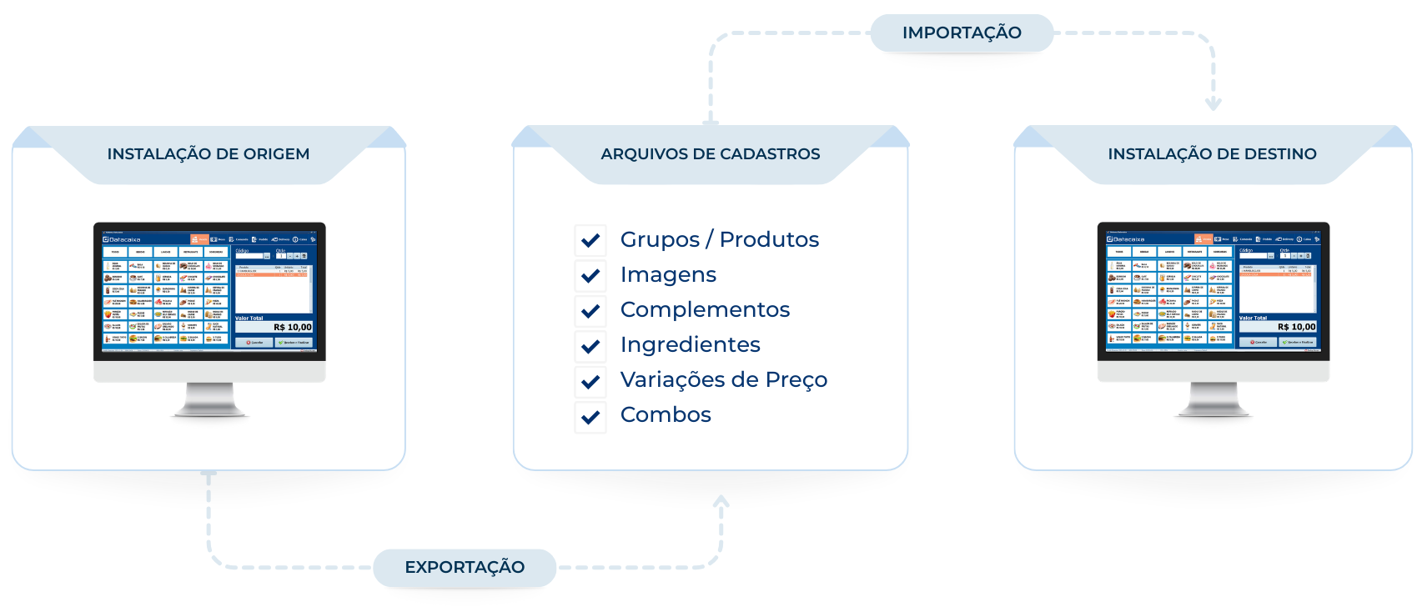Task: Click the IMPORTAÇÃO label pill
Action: point(962,33)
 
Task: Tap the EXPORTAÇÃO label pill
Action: point(465,568)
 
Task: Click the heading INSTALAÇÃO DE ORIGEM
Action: point(209,154)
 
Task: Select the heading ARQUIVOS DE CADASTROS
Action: point(711,154)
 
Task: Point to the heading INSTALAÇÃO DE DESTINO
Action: point(1212,154)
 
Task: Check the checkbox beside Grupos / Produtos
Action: point(590,240)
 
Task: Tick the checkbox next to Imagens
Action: point(590,275)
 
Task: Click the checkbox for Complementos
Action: point(590,311)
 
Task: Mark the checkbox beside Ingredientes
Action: point(590,346)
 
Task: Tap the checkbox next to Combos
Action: point(590,417)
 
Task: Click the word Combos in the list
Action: point(666,415)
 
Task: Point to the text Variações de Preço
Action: point(723,380)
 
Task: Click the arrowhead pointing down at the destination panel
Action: point(1213,104)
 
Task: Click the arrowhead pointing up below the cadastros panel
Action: point(721,502)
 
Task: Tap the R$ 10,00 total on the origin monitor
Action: point(292,328)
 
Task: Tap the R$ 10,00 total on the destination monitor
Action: point(1296,328)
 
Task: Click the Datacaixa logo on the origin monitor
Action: point(123,239)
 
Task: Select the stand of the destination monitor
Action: point(1213,400)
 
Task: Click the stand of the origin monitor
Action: point(209,400)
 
